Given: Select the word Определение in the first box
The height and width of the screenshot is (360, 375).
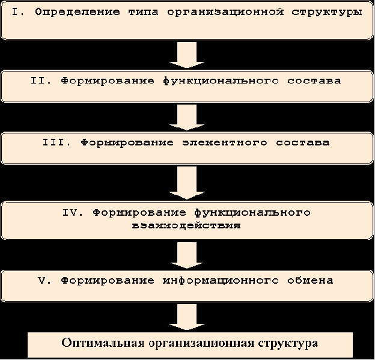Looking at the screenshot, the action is (x=78, y=12).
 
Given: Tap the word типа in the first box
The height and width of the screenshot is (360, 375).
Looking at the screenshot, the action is (x=144, y=12).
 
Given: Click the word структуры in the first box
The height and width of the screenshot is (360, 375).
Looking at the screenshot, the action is (x=327, y=13).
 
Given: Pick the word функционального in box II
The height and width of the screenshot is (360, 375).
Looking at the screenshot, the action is (x=221, y=81).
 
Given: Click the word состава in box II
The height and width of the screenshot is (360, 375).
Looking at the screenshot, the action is (x=314, y=81).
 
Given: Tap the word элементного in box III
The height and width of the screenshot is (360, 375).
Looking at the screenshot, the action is (x=225, y=143).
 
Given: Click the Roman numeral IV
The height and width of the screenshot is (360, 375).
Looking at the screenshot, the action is (x=73, y=212).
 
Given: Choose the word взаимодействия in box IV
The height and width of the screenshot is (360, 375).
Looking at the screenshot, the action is (x=186, y=225).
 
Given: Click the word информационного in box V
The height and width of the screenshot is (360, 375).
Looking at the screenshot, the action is (x=221, y=281).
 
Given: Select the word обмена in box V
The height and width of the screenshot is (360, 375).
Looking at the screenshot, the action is (x=310, y=280).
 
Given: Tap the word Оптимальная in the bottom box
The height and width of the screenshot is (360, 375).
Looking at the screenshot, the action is (x=103, y=343).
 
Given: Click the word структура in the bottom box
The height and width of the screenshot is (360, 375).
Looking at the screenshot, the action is (x=288, y=344).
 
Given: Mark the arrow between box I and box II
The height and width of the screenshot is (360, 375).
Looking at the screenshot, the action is (x=187, y=55).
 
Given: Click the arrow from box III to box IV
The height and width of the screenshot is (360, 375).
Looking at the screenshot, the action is (x=187, y=183).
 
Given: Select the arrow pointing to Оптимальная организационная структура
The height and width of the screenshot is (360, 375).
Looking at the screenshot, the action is (x=187, y=317).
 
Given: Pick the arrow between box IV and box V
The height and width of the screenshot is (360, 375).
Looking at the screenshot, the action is (x=187, y=255).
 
